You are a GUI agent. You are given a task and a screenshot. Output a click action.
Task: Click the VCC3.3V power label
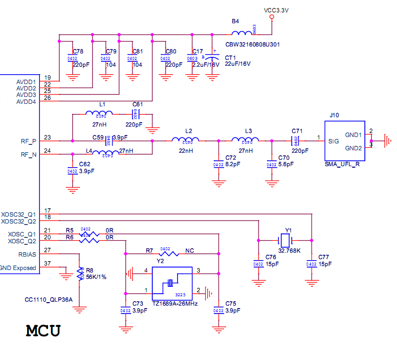(276, 9)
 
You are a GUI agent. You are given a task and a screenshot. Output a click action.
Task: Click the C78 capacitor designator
(78, 51)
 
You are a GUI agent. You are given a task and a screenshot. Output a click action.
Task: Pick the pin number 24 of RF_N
(47, 151)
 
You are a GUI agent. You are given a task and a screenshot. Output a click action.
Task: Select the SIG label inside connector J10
(334, 141)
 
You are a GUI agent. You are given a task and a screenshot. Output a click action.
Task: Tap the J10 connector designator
(334, 115)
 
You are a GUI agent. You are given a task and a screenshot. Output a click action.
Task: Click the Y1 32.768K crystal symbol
(284, 241)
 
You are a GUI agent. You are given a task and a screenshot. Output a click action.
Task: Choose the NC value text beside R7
(190, 250)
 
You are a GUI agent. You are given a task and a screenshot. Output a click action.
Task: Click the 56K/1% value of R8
(96, 277)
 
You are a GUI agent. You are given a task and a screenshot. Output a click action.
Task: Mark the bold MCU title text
(43, 330)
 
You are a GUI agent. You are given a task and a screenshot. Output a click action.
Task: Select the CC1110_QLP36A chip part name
(48, 300)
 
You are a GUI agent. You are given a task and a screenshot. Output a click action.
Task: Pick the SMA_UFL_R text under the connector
(343, 164)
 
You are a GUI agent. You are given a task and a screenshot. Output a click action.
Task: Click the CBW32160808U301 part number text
(254, 44)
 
